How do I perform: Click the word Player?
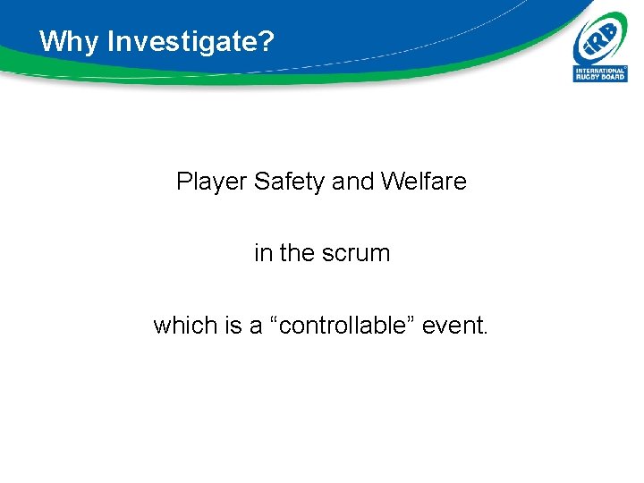pos(211,182)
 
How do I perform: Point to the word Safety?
pos(289,182)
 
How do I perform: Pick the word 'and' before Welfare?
pos(352,182)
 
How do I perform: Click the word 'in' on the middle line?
pos(263,253)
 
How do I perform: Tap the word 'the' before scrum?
pos(296,253)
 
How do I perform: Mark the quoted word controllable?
pos(344,326)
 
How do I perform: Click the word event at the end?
pos(452,326)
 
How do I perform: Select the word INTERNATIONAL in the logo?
pos(600,70)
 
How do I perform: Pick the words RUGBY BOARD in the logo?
pos(600,77)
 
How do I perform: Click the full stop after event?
pos(486,333)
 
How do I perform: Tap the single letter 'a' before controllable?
pos(256,327)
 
